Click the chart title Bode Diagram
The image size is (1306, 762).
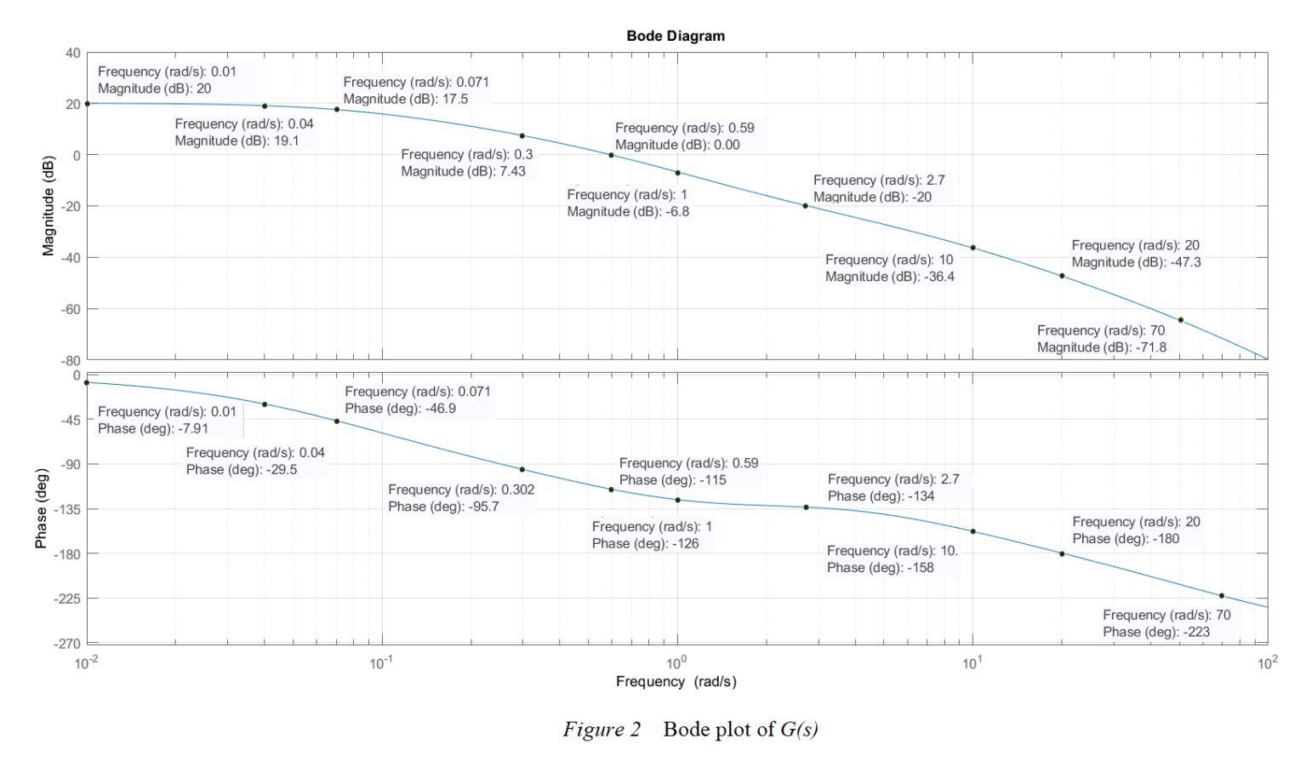pyautogui.click(x=676, y=36)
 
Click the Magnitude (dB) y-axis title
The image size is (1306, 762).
pyautogui.click(x=48, y=206)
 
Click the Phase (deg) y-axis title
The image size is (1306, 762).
pyautogui.click(x=41, y=508)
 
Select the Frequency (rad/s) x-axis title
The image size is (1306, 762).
pyautogui.click(x=676, y=681)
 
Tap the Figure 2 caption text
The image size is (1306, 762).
pyautogui.click(x=690, y=730)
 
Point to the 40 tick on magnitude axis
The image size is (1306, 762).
pyautogui.click(x=72, y=53)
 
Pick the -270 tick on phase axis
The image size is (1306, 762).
pyautogui.click(x=68, y=643)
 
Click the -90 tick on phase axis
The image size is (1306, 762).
pyautogui.click(x=71, y=464)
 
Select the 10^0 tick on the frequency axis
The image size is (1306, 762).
pyautogui.click(x=677, y=662)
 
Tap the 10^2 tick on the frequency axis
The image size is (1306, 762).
pyautogui.click(x=1268, y=662)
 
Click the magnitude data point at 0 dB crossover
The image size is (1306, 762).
pyautogui.click(x=611, y=155)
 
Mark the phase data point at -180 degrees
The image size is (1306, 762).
pyautogui.click(x=1062, y=553)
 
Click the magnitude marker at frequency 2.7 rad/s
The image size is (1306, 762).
pyautogui.click(x=805, y=205)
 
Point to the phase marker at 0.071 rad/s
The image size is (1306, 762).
pyautogui.click(x=337, y=421)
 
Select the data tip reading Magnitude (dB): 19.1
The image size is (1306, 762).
pyautogui.click(x=244, y=132)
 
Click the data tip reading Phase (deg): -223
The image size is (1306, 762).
pyautogui.click(x=1166, y=623)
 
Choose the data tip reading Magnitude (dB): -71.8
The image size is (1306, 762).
pyautogui.click(x=1102, y=339)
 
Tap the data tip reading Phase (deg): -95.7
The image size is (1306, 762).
pyautogui.click(x=461, y=498)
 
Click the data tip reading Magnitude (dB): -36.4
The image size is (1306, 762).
pyautogui.click(x=890, y=268)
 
